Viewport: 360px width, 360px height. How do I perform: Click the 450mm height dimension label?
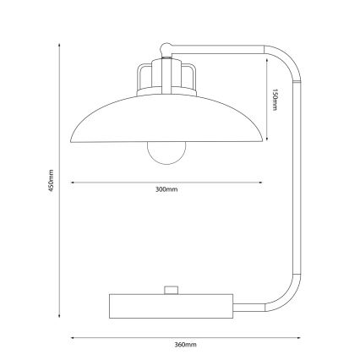click(x=52, y=180)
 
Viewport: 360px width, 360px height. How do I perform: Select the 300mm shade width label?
click(x=166, y=190)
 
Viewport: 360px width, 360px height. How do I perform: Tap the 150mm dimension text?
click(x=275, y=102)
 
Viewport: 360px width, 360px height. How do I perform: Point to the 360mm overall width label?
click(x=184, y=346)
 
